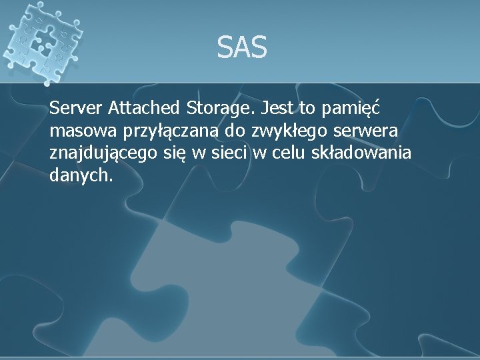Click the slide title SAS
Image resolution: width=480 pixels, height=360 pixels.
point(241,48)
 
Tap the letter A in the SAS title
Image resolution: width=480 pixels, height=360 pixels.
point(241,48)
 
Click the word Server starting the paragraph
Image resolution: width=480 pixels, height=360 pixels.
point(75,107)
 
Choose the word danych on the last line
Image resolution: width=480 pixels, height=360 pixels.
point(80,177)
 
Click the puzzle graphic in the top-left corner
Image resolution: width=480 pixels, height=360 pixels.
point(41,41)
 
